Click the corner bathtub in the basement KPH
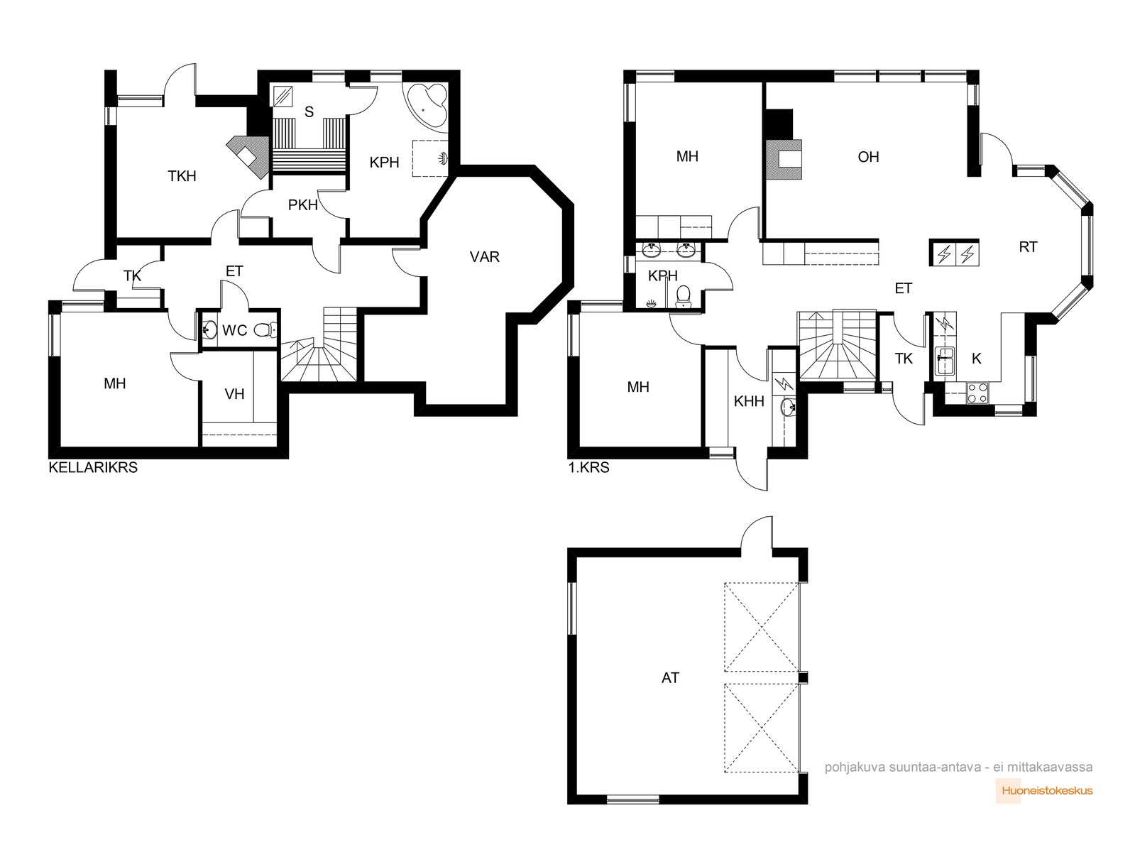coord(427,105)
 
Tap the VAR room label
coord(485,257)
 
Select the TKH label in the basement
coord(182,176)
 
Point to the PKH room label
coord(303,205)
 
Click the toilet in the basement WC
coord(265,329)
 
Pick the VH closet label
coord(234,395)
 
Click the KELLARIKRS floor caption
coord(93,468)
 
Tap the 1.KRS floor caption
coord(589,468)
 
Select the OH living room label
coord(868,157)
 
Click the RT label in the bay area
coord(1028,248)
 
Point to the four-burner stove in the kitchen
coord(977,393)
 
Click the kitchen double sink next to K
coord(945,361)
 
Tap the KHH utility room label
coord(749,401)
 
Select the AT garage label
coord(670,678)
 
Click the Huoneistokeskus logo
coord(1045,791)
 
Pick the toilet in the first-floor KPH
coord(683,296)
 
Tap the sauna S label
coord(309,111)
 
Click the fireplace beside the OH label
coord(784,160)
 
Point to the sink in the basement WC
coord(209,329)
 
